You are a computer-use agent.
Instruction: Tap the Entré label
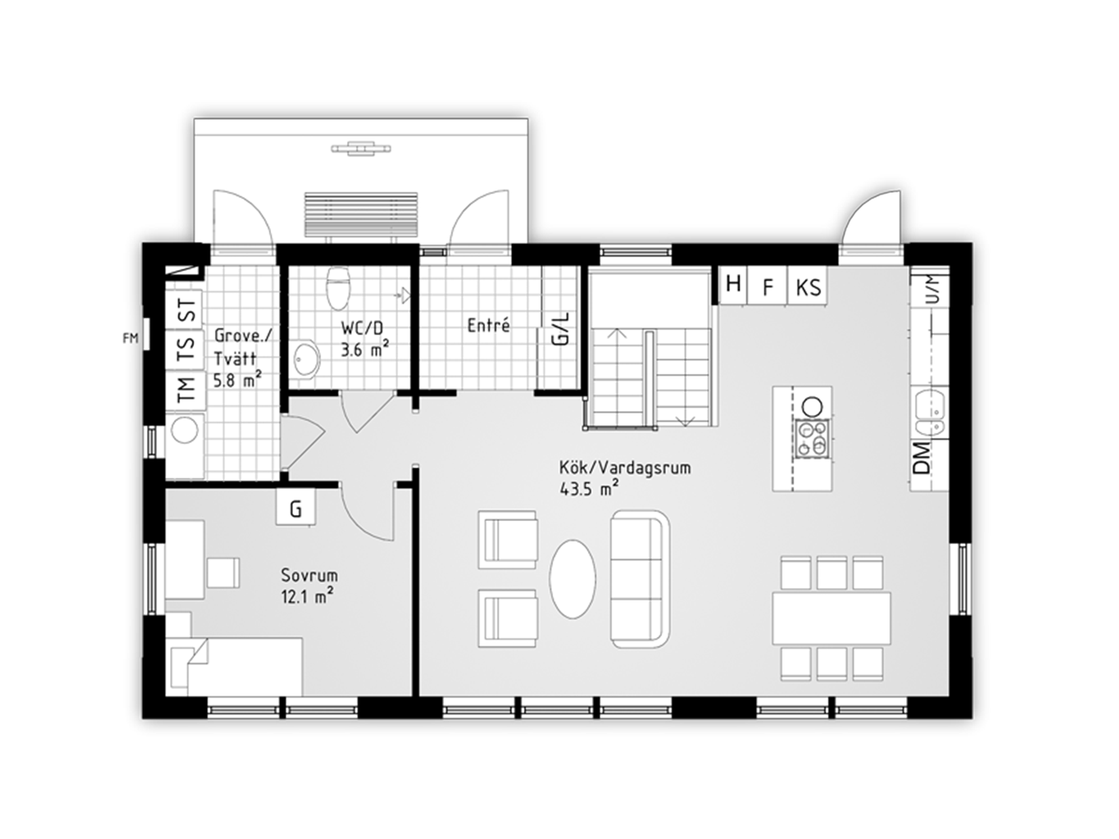pyautogui.click(x=488, y=325)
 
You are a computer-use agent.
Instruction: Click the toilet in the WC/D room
pyautogui.click(x=338, y=287)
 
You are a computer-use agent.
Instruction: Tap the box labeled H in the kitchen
pyautogui.click(x=734, y=284)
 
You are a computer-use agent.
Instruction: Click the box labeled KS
pyautogui.click(x=808, y=286)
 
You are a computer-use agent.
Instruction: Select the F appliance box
pyautogui.click(x=768, y=286)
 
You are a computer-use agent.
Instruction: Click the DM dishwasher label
pyautogui.click(x=921, y=458)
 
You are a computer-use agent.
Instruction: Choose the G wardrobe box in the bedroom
pyautogui.click(x=296, y=508)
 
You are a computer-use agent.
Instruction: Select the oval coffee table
pyautogui.click(x=572, y=579)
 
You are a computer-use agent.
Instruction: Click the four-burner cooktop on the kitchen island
pyautogui.click(x=813, y=438)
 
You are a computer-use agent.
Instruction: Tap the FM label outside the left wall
pyautogui.click(x=130, y=339)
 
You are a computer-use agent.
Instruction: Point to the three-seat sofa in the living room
pyautogui.click(x=640, y=579)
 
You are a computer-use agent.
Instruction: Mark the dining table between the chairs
pyautogui.click(x=831, y=617)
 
